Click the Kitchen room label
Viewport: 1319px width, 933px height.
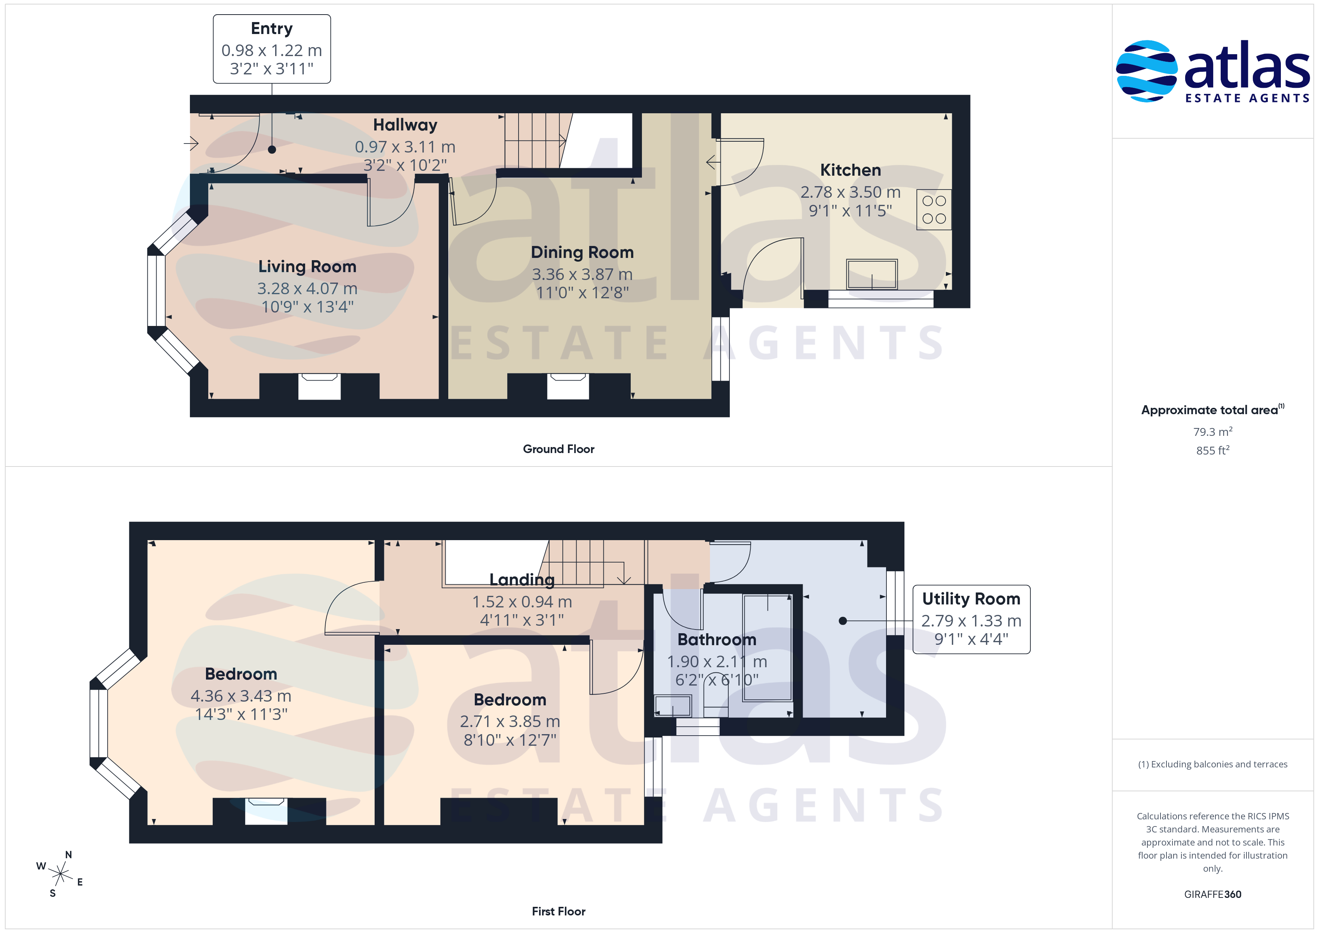(x=850, y=170)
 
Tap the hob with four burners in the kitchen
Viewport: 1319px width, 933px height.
(x=934, y=210)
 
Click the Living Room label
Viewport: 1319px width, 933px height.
(x=307, y=267)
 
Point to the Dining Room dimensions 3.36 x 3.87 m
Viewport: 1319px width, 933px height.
(x=582, y=275)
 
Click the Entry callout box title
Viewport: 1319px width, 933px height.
(x=272, y=29)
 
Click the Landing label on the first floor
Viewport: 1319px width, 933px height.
(x=522, y=580)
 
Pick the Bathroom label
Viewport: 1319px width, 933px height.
(x=717, y=640)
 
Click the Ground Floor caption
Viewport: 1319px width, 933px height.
(x=559, y=449)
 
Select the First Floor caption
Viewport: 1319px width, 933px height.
(x=559, y=911)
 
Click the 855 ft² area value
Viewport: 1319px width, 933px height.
(x=1213, y=450)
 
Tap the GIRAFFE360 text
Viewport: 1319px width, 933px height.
(x=1213, y=894)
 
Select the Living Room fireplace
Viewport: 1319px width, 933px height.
(x=319, y=386)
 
